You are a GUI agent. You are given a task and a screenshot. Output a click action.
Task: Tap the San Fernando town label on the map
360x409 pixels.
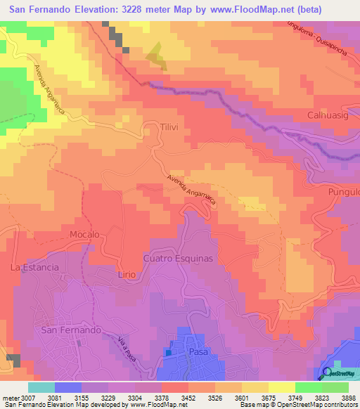point(72,329)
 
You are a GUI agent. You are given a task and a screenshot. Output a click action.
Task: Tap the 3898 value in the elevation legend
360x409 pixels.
point(348,397)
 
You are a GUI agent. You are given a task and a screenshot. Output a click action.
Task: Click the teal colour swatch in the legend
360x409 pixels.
point(41,387)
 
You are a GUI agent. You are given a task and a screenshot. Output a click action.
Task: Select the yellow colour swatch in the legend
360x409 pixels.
point(281,387)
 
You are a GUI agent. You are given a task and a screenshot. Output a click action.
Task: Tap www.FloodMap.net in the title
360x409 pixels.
point(258,11)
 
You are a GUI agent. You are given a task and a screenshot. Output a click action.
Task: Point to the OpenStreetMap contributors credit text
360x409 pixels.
point(316,405)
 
